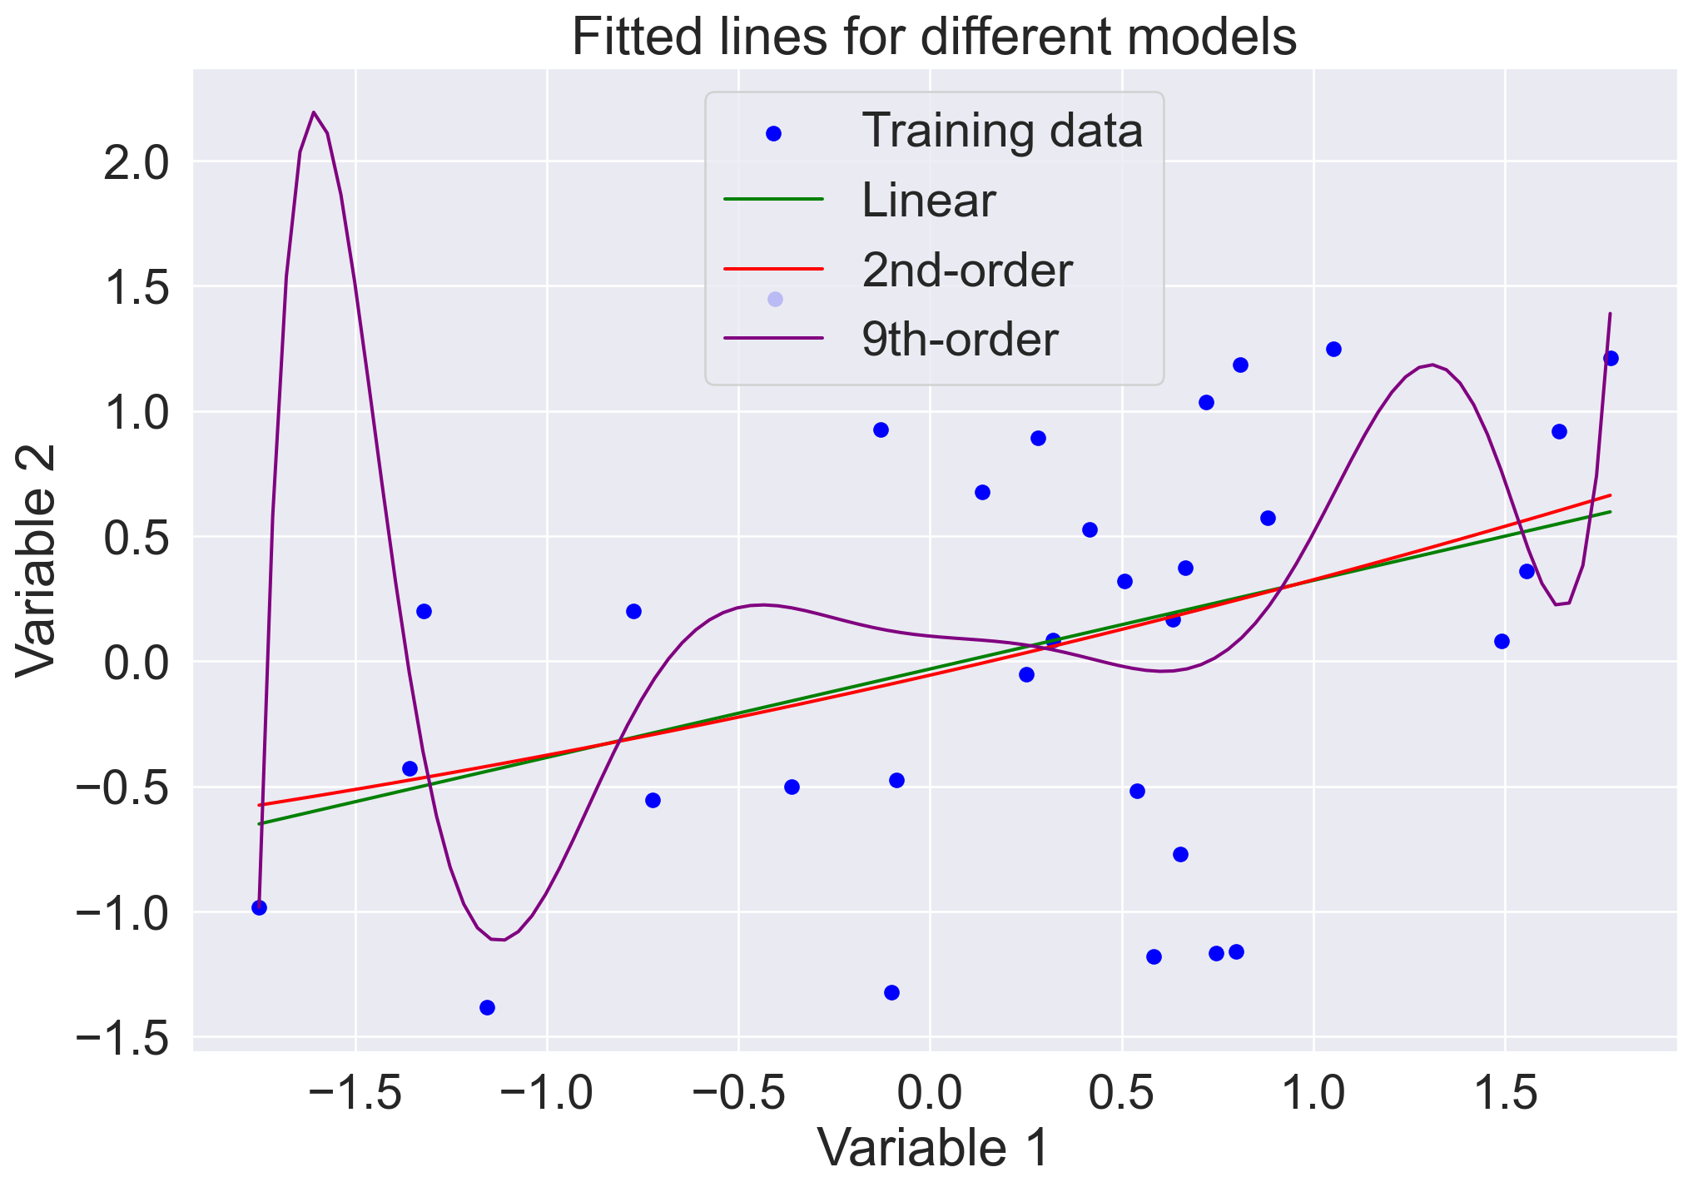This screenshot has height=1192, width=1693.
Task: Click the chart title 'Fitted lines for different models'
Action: click(934, 37)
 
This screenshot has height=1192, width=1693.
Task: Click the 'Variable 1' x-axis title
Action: click(934, 1147)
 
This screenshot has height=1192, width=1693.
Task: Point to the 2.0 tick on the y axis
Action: click(135, 162)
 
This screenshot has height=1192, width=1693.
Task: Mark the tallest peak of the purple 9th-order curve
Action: click(313, 112)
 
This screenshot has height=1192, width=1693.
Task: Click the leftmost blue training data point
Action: click(259, 907)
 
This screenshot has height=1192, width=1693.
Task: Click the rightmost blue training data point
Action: click(1611, 358)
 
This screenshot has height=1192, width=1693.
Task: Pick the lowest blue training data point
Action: click(487, 1007)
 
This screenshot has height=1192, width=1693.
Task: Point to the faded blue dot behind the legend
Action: click(775, 299)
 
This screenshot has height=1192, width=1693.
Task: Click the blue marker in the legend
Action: click(773, 133)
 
